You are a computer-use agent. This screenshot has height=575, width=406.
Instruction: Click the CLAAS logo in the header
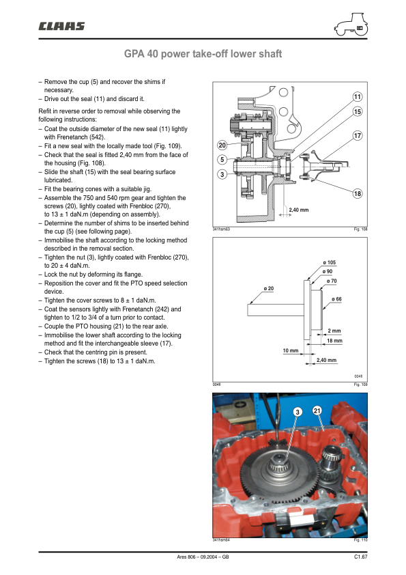[x=61, y=26]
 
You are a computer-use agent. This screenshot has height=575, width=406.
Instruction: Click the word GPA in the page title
[x=134, y=54]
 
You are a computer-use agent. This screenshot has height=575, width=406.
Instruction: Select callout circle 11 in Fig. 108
[x=358, y=97]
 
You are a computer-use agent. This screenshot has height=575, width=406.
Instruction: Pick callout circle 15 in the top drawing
[x=358, y=111]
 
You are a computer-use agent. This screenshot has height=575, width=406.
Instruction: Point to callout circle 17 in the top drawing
[x=358, y=136]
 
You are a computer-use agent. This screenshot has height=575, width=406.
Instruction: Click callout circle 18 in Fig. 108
[x=358, y=194]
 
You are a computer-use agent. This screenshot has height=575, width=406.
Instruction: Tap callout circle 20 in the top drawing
[x=222, y=145]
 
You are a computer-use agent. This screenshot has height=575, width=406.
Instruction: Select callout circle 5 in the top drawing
[x=222, y=160]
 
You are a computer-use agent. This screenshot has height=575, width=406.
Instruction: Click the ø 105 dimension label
[x=330, y=262]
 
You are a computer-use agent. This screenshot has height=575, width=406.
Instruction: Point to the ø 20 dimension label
[x=269, y=289]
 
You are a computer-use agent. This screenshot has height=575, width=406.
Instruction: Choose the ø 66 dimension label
[x=336, y=299]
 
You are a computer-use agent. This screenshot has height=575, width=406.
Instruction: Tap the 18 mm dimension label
[x=334, y=341]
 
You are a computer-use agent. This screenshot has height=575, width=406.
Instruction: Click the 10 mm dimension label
[x=291, y=350]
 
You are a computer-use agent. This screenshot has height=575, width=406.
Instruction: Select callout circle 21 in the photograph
[x=317, y=410]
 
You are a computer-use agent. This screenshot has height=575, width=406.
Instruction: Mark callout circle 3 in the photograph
[x=298, y=412]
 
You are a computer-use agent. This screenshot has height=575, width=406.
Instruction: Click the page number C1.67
[x=360, y=557]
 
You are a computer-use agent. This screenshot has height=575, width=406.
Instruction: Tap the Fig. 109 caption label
[x=360, y=384]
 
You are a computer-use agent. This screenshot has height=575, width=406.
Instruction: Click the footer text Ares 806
[x=186, y=557]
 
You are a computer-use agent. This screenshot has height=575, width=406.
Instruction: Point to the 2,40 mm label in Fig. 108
[x=299, y=210]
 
